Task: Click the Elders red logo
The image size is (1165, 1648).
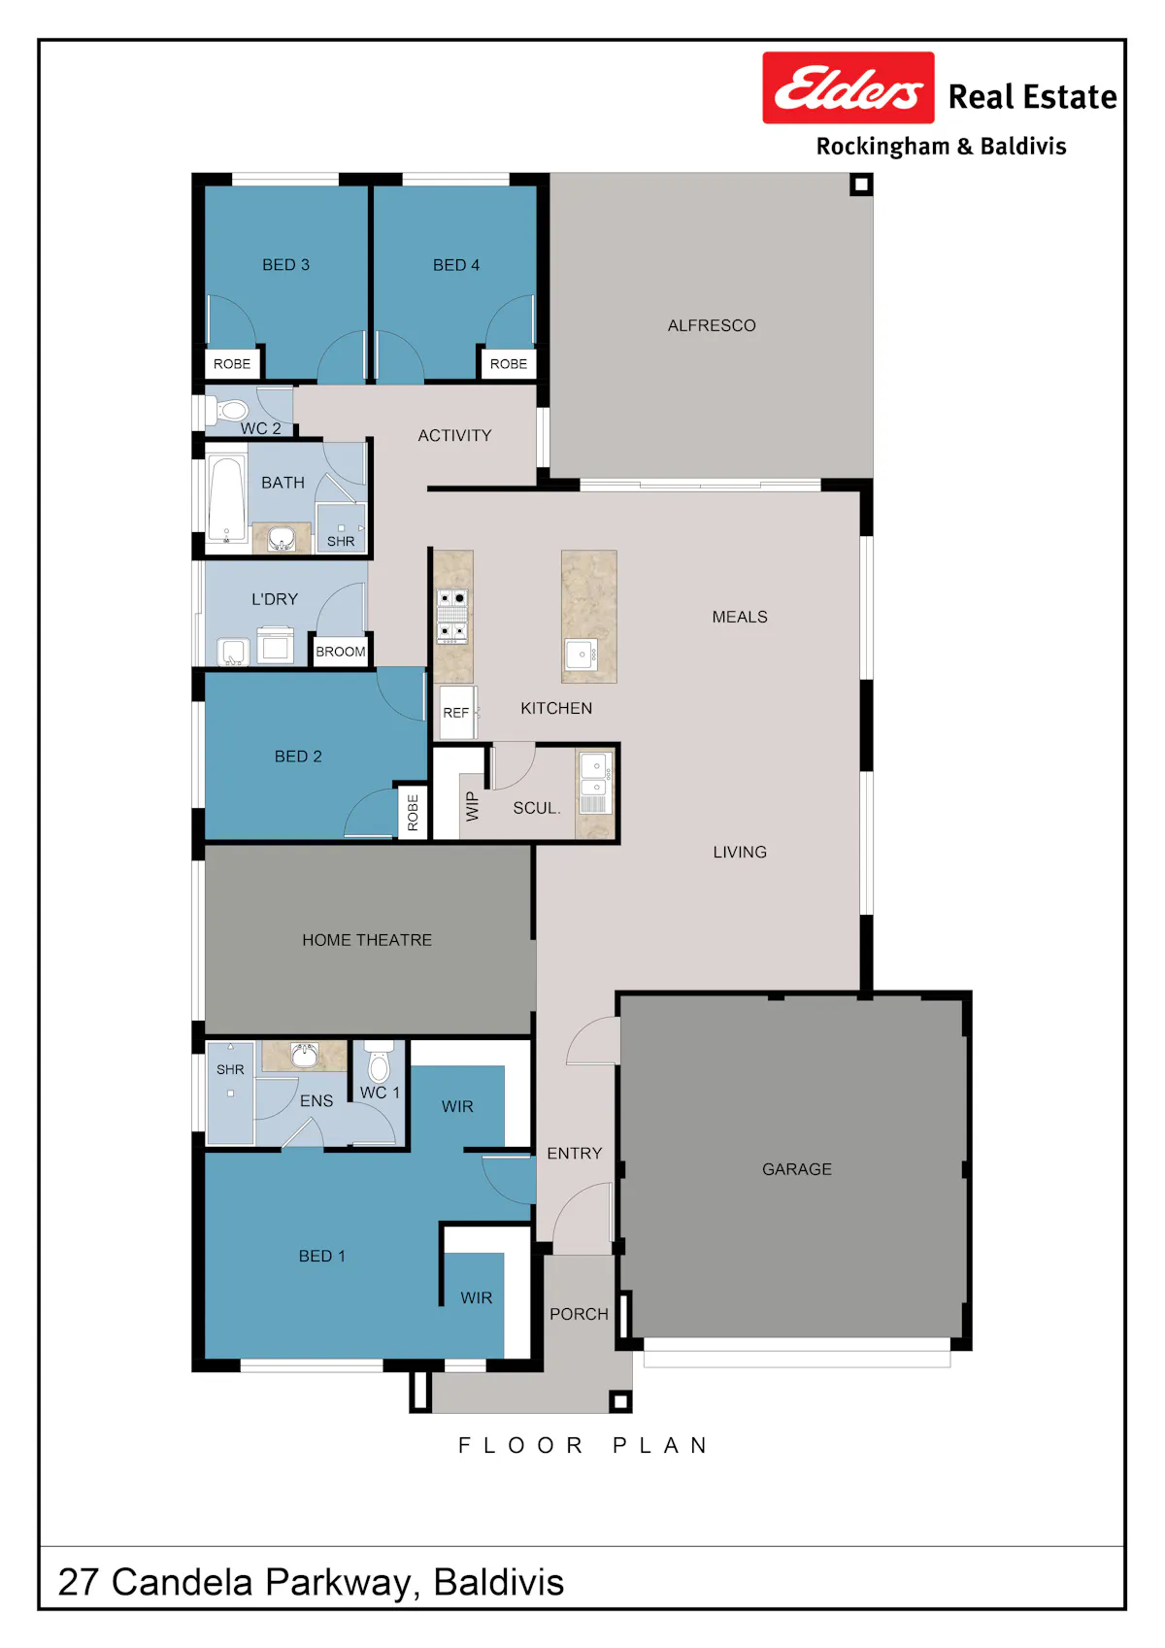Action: (848, 87)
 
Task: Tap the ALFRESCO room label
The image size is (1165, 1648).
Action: (712, 325)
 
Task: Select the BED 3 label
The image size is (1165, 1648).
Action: (285, 265)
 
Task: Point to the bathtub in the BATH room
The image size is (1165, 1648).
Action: (226, 499)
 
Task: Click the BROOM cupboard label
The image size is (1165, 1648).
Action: (340, 652)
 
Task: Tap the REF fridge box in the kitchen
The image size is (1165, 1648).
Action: (456, 712)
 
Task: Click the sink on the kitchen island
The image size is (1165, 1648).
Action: (581, 654)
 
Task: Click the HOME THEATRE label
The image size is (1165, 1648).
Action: (367, 939)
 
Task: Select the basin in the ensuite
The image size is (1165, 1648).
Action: (304, 1055)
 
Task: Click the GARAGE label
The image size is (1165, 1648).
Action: (796, 1169)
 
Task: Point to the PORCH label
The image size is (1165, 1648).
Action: (579, 1314)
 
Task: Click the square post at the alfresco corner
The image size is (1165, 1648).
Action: (861, 184)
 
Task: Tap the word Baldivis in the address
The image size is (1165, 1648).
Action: (499, 1582)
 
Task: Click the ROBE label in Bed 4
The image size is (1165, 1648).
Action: (508, 364)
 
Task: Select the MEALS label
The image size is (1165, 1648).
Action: (739, 617)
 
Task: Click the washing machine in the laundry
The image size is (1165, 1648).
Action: (275, 645)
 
